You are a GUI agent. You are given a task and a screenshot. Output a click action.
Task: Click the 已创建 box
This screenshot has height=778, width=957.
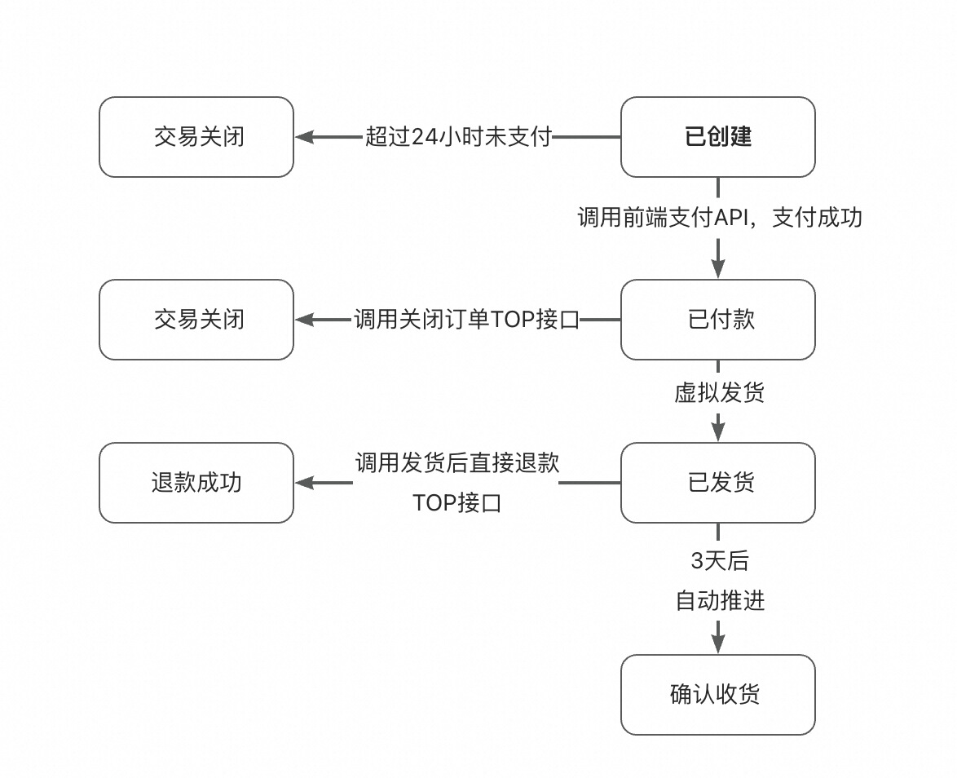[717, 137]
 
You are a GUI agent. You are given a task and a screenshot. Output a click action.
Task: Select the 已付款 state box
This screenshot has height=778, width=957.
[717, 320]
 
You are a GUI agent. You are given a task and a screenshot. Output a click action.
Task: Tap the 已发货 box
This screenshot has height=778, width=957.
[717, 483]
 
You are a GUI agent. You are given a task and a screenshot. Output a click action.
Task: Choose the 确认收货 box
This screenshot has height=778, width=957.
[717, 695]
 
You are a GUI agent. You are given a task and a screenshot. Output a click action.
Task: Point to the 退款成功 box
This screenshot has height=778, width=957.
[196, 483]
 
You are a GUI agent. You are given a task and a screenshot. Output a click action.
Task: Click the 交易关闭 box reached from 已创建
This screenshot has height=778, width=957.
[196, 137]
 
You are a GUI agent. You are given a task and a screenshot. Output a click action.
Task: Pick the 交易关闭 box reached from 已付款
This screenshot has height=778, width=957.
[196, 320]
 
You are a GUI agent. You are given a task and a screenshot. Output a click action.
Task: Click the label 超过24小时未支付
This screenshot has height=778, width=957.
[459, 137]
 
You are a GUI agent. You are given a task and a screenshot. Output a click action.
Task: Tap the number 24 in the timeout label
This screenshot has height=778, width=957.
[425, 137]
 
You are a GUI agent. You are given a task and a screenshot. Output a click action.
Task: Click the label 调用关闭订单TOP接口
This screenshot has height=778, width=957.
[466, 320]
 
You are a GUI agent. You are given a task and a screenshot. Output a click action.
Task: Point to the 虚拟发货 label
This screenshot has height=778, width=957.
[719, 393]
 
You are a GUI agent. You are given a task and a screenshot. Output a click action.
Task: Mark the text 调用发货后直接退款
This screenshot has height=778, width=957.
[457, 463]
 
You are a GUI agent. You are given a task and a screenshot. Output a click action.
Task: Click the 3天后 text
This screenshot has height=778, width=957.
[719, 561]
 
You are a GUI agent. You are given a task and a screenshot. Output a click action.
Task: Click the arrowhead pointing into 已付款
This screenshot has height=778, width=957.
[718, 269]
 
